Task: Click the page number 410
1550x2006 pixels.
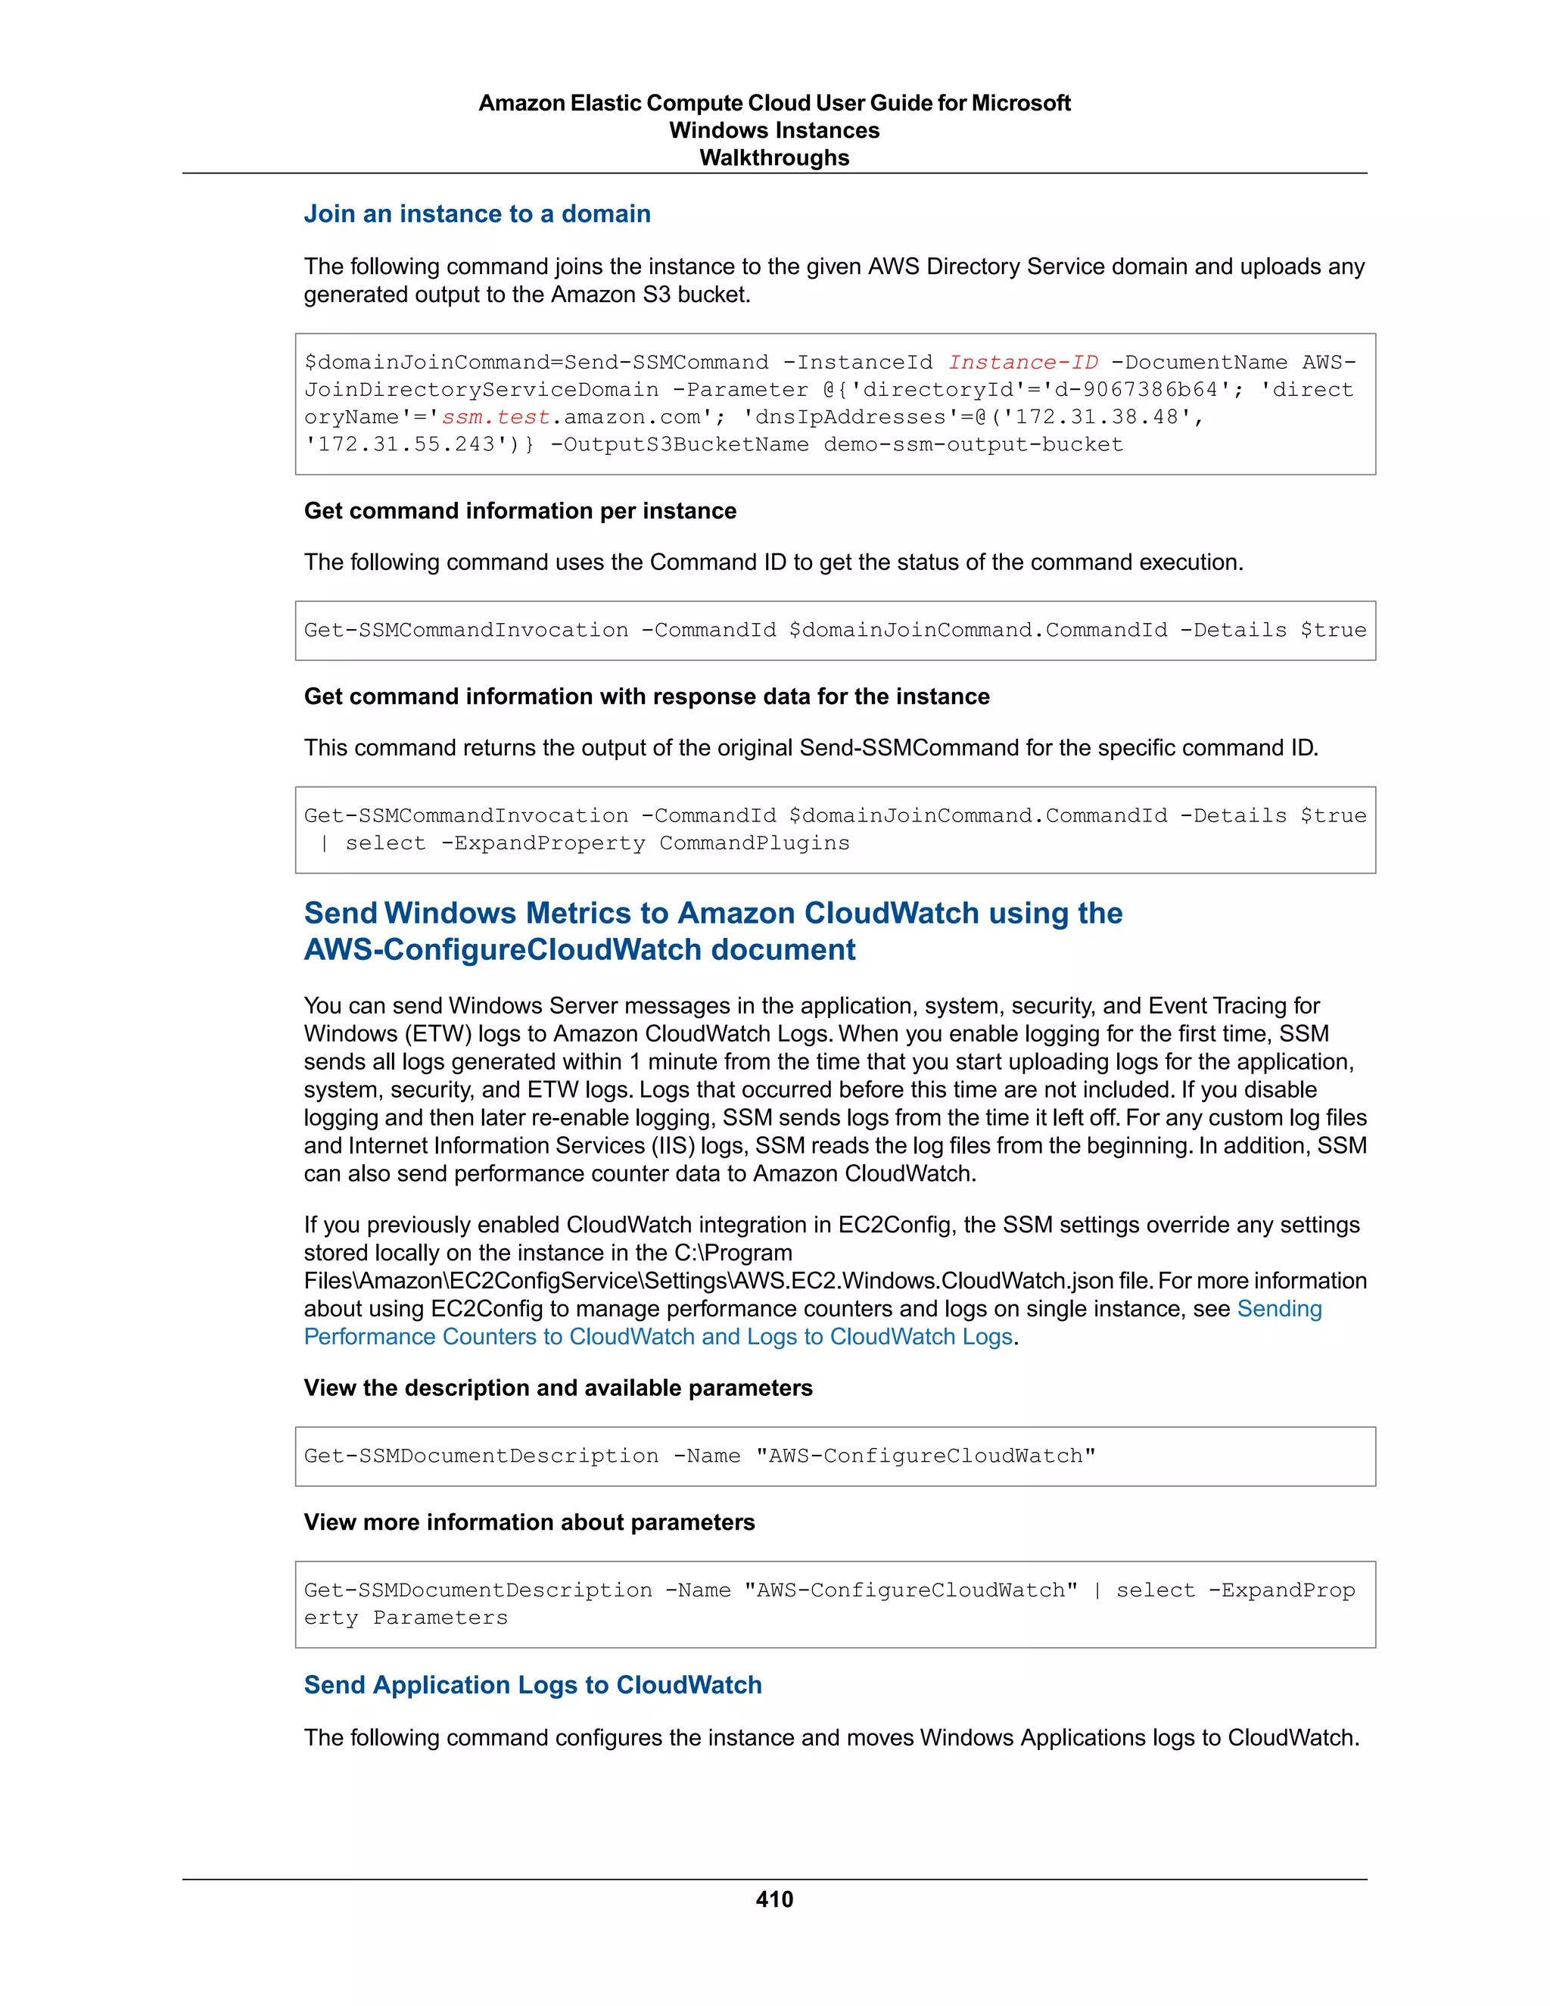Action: point(774,1899)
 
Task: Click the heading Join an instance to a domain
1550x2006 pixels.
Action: point(477,214)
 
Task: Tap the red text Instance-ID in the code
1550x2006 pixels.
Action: point(1022,363)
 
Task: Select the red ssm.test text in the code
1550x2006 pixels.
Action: point(496,418)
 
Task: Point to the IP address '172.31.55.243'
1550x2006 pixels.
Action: point(400,445)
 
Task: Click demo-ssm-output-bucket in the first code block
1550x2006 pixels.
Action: point(973,445)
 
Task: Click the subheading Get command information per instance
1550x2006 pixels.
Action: point(520,511)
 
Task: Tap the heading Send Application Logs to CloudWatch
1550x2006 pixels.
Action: point(533,1684)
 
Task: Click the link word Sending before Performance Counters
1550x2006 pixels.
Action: point(1279,1309)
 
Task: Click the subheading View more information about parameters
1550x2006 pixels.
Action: point(529,1522)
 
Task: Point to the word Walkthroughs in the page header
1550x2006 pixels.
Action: point(774,158)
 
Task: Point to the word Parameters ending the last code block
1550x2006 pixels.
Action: point(440,1618)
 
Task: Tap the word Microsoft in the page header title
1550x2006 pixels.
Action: point(1020,103)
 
